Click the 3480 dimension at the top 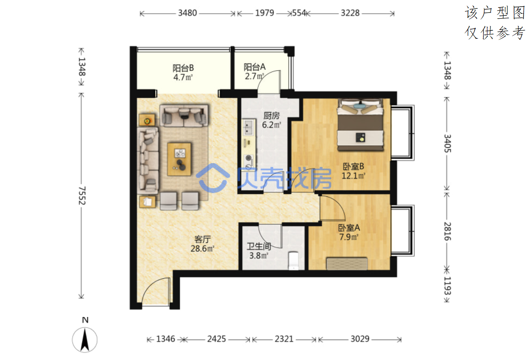coord(187,13)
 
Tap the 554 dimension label coord(299,13)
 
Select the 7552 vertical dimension coord(82,196)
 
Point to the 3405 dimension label coord(447,144)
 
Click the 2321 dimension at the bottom coord(284,339)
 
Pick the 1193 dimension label coord(447,286)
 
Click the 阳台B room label coord(183,68)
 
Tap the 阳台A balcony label coord(255,67)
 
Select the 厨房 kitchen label coord(272,116)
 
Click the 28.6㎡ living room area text coord(202,249)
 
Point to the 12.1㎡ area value coord(353,176)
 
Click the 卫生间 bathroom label coord(259,246)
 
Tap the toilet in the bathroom coord(294,261)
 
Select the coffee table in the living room coord(179,159)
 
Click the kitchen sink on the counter coord(248,127)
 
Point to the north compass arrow coord(85,340)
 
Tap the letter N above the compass coord(85,320)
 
